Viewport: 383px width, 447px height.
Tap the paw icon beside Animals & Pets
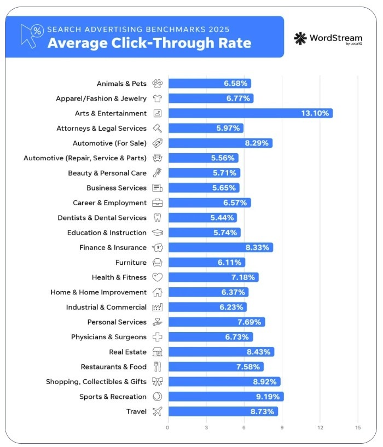[158, 84]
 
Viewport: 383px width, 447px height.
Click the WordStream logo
[328, 38]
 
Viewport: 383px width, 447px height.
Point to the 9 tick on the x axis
[282, 427]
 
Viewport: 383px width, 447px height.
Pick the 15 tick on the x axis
[358, 427]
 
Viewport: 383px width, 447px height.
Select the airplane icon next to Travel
[158, 411]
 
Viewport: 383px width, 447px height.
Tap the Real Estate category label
[128, 352]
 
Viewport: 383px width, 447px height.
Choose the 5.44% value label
[222, 218]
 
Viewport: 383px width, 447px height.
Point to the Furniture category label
[131, 263]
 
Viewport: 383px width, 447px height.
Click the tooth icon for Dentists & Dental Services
[158, 218]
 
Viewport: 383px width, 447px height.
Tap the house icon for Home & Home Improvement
[158, 292]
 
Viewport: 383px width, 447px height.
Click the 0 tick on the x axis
[168, 427]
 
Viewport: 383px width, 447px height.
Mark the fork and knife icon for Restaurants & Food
[158, 367]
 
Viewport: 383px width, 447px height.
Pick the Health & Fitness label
[119, 277]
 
